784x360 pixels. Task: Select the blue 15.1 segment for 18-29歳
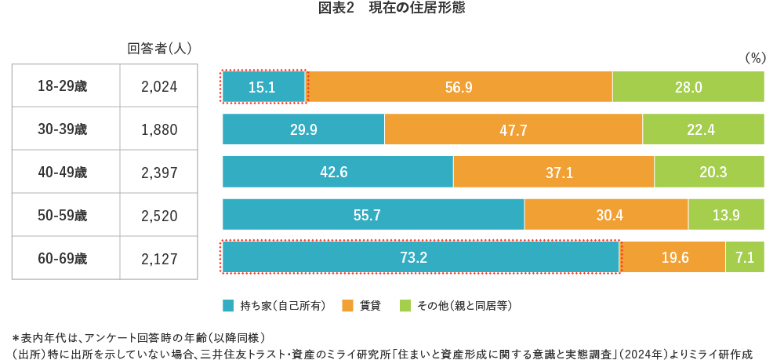[263, 87]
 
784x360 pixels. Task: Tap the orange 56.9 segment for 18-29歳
[459, 87]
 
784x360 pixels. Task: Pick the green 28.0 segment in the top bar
[688, 87]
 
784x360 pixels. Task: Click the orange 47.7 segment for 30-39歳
[513, 129]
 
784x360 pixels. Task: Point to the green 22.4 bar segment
[702, 129]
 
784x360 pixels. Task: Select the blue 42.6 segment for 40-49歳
[337, 172]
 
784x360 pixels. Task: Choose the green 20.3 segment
[709, 172]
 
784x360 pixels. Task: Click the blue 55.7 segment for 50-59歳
[373, 215]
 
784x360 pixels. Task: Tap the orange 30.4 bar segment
[606, 215]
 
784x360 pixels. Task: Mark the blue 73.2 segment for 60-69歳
[421, 257]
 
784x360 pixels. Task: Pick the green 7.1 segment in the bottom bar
[745, 257]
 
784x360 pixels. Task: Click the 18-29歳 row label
[65, 87]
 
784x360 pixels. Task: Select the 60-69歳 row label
[65, 257]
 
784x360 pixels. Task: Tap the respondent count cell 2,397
[159, 172]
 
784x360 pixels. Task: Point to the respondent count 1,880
[159, 129]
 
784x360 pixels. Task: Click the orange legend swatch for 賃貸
[347, 305]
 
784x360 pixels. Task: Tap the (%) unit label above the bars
[753, 58]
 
